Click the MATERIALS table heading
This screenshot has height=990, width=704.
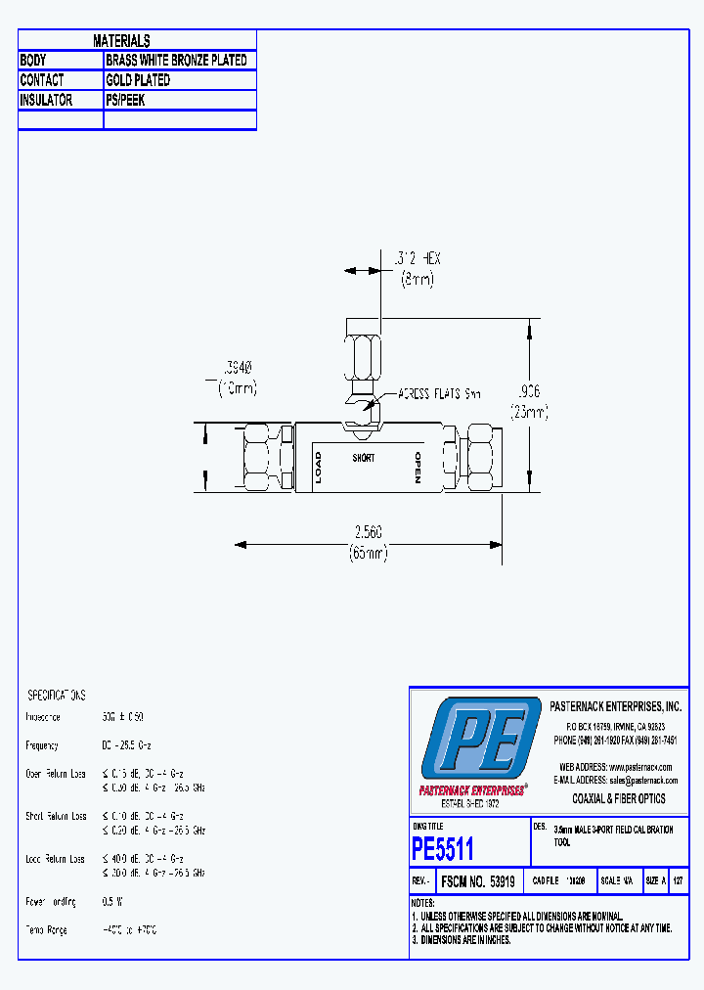[x=121, y=40]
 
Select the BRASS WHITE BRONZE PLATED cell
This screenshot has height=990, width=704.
[x=176, y=60]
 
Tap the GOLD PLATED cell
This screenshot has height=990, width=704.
[x=138, y=80]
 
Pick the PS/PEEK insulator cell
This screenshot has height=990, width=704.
[x=125, y=100]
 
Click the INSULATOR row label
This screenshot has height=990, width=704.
[x=46, y=100]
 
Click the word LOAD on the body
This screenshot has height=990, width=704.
[x=317, y=469]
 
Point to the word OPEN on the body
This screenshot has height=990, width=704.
[x=418, y=469]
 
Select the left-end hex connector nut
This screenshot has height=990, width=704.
[x=266, y=457]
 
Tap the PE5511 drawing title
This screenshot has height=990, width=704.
[x=443, y=847]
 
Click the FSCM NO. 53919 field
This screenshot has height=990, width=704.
[x=480, y=879]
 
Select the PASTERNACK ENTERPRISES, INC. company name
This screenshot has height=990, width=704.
[x=616, y=706]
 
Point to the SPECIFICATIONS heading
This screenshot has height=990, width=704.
[x=56, y=695]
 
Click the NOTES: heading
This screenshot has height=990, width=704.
[x=422, y=902]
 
